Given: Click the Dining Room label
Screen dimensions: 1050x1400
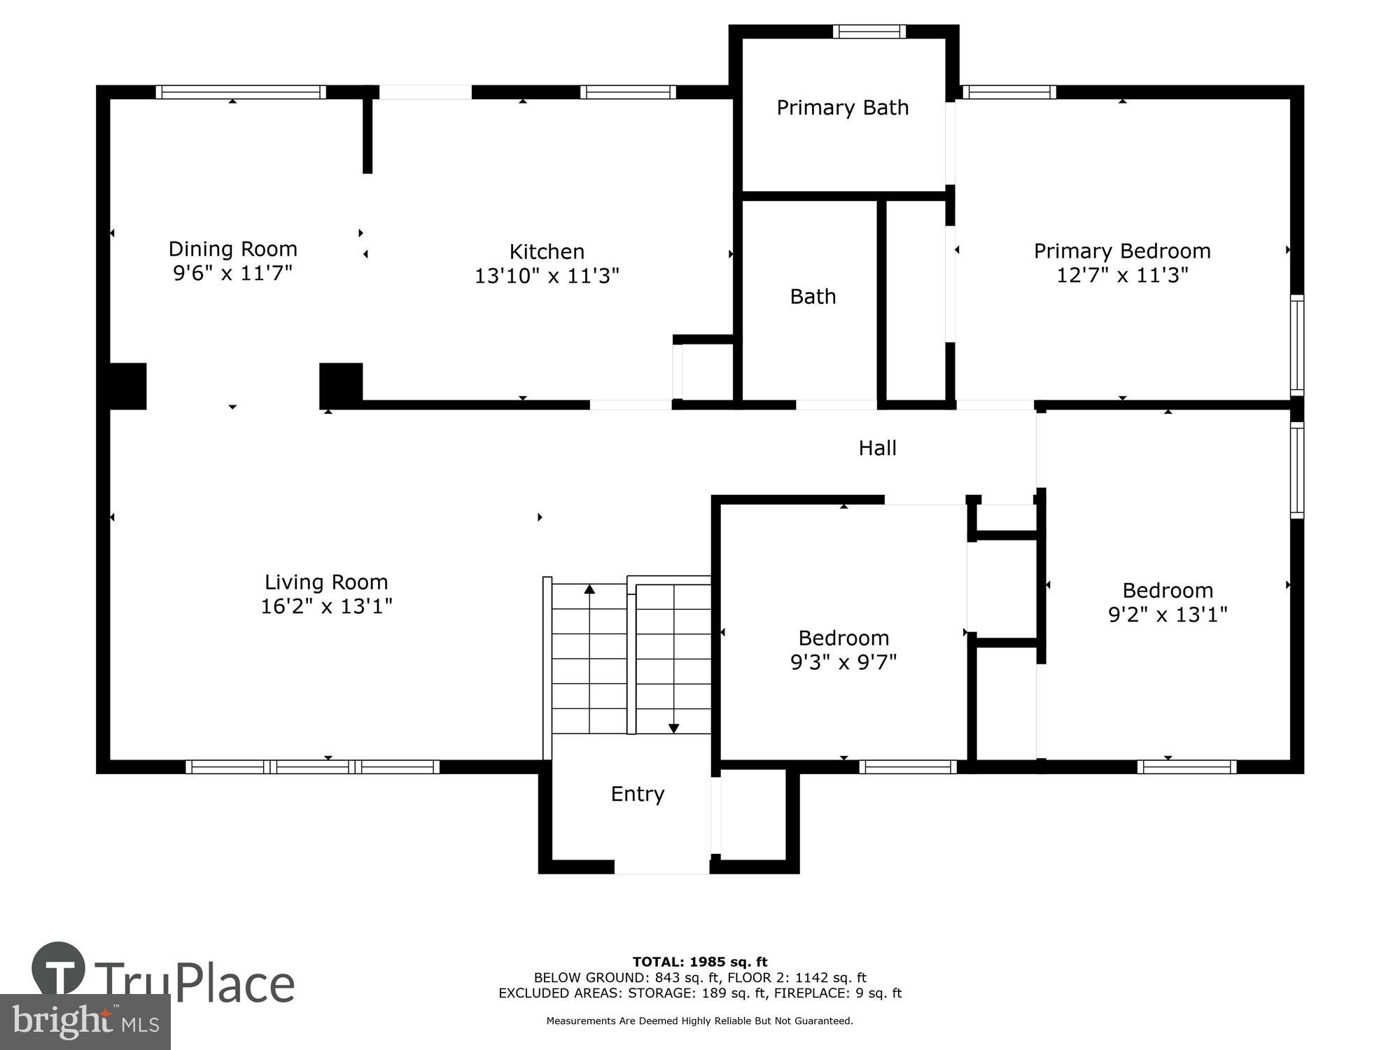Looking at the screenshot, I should (x=232, y=249).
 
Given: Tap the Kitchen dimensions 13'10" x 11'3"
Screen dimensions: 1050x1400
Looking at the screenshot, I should (x=547, y=276).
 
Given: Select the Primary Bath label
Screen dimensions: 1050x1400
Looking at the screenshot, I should (x=842, y=108).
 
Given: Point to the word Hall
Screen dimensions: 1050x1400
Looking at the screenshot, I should (x=877, y=448).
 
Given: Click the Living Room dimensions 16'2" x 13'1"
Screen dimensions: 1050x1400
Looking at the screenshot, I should (x=326, y=606).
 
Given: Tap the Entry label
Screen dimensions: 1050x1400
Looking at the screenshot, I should (x=637, y=794).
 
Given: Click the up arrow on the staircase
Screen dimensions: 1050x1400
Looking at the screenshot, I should (x=589, y=589).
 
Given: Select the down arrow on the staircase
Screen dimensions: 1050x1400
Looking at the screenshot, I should (x=673, y=728).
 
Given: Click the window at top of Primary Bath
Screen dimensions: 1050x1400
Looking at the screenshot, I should (x=869, y=31).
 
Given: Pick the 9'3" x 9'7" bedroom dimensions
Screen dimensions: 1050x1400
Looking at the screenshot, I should (x=843, y=662).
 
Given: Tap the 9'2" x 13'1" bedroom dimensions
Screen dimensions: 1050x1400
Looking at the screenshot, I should (x=1168, y=615).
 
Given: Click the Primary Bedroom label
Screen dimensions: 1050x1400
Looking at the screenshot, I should (x=1122, y=251).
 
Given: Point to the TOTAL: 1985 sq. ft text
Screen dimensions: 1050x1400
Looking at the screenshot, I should (x=700, y=962).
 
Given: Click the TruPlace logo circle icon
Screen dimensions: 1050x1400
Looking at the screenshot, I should (x=59, y=969).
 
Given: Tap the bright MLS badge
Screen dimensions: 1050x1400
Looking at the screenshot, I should (x=85, y=1022).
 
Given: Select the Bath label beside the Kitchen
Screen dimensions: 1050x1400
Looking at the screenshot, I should (x=813, y=297).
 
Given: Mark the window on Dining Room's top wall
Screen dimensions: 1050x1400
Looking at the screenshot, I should (x=240, y=92).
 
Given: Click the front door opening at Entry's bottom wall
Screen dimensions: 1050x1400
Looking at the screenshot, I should (x=661, y=868).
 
